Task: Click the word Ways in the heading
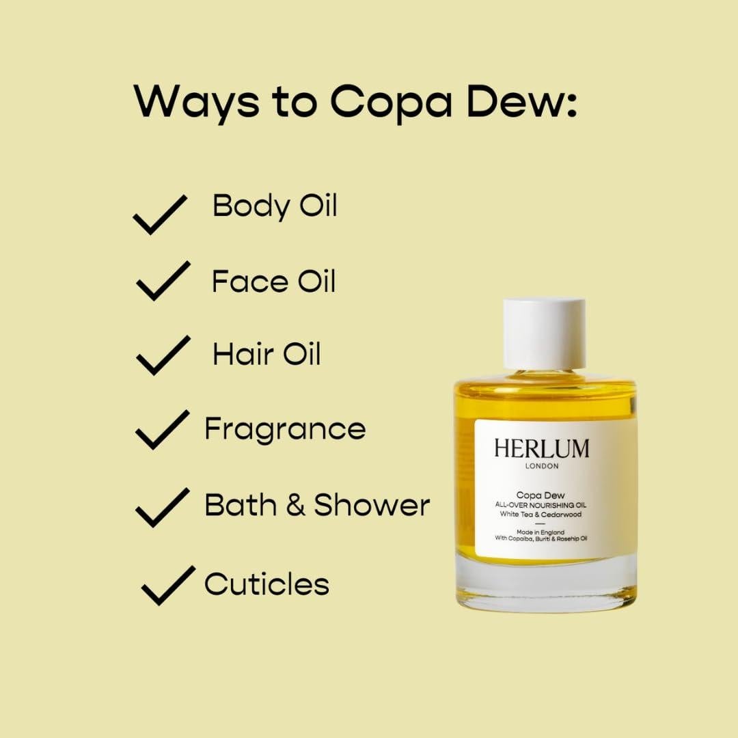[x=195, y=102]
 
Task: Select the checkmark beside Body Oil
[x=160, y=214]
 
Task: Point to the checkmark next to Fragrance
[x=162, y=429]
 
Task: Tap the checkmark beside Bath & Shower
[x=162, y=506]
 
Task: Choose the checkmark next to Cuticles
[x=168, y=585]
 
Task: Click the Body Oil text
[x=275, y=205]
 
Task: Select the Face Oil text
[x=273, y=281]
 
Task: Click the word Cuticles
[x=266, y=584]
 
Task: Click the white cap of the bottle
[x=545, y=333]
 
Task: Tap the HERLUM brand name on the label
[x=541, y=449]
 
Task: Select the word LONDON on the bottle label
[x=542, y=467]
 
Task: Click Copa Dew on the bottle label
[x=540, y=494]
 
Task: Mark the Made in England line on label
[x=540, y=532]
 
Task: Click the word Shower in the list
[x=372, y=505]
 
